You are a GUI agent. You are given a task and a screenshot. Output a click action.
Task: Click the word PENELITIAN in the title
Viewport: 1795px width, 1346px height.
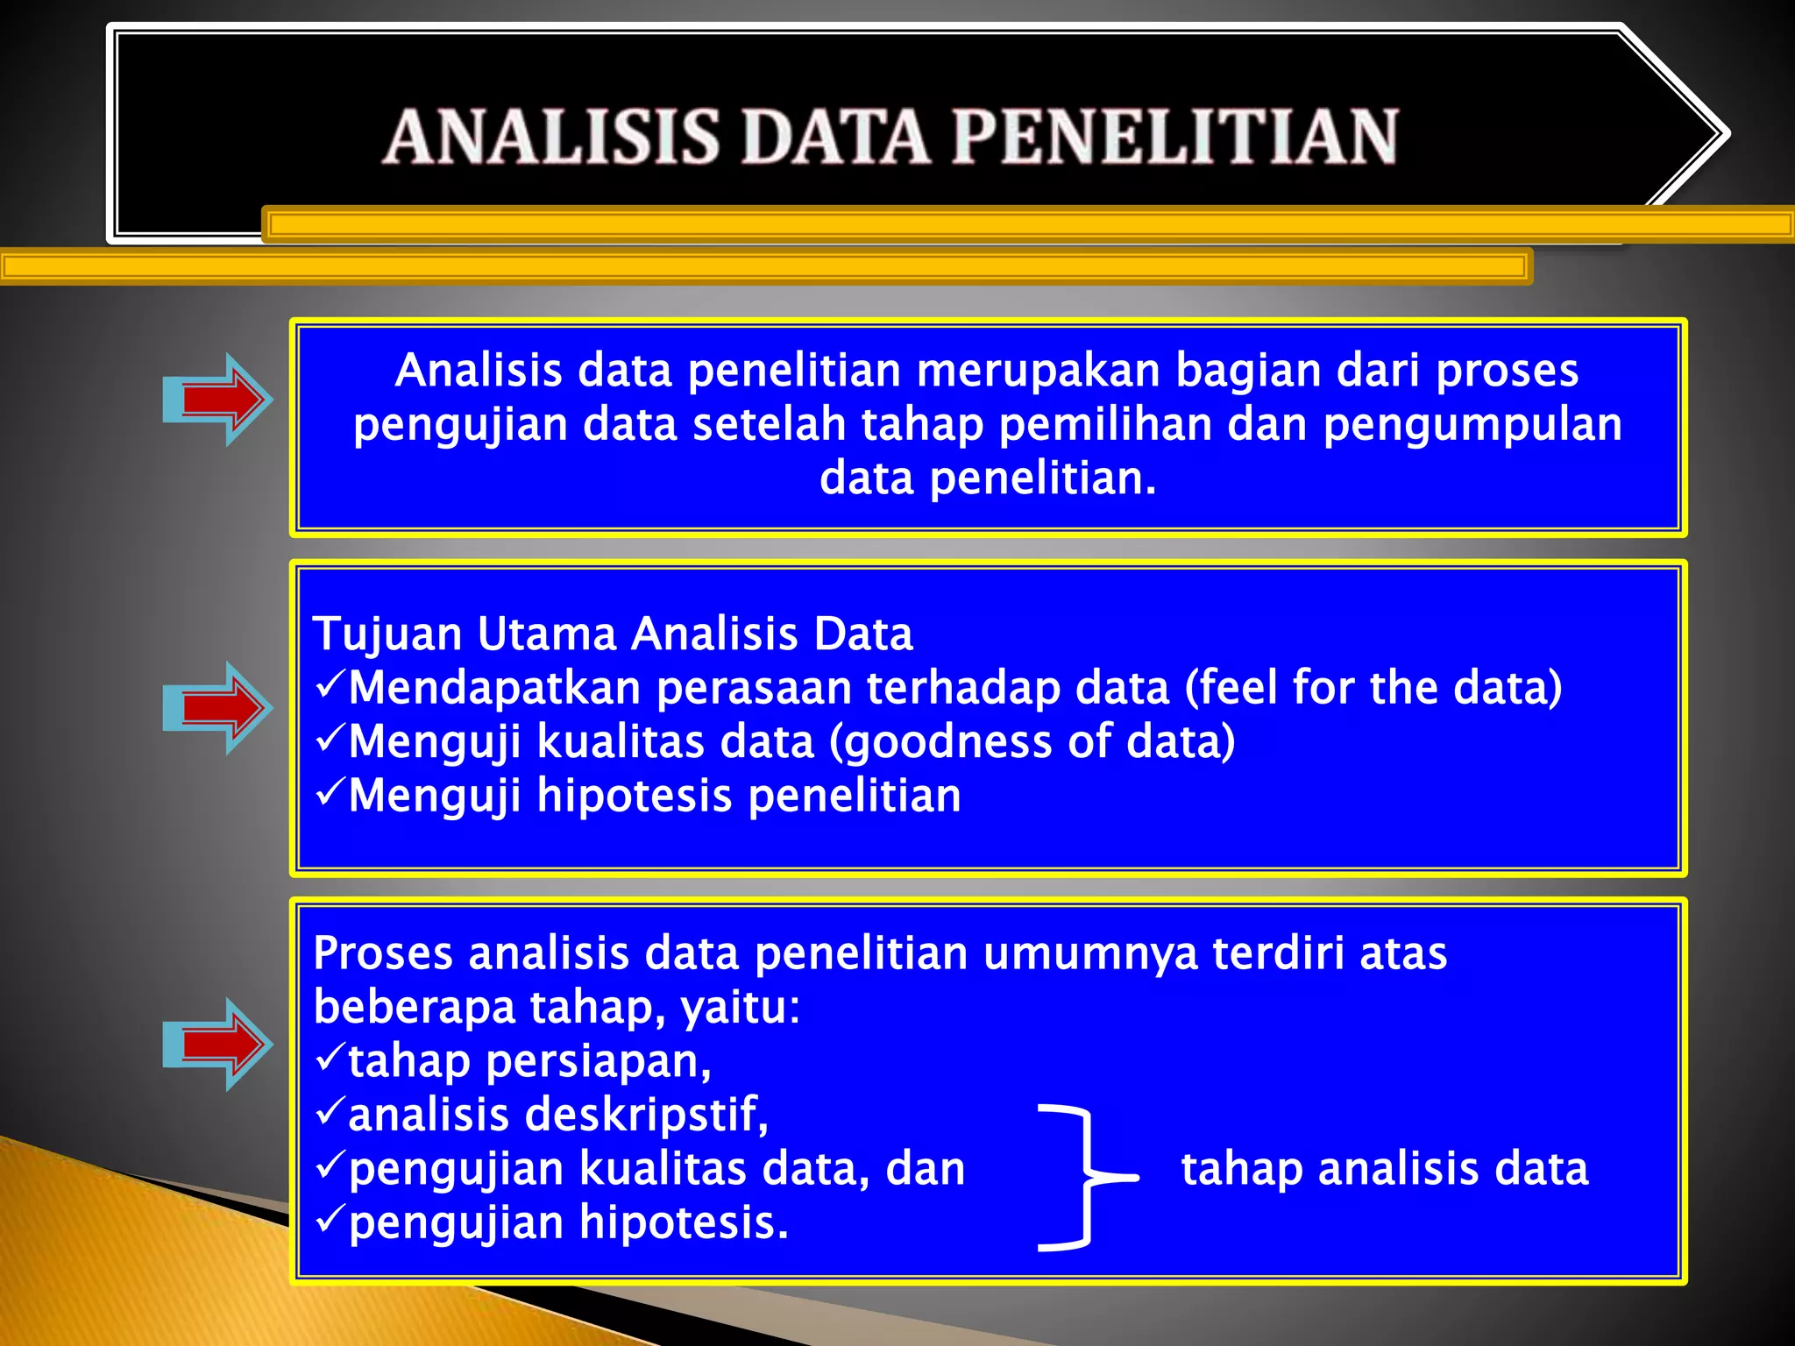click(x=1174, y=137)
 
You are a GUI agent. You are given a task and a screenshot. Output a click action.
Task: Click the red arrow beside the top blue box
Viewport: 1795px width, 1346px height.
click(x=221, y=400)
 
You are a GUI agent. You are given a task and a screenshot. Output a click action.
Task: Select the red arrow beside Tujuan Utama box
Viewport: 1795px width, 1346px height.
click(x=221, y=707)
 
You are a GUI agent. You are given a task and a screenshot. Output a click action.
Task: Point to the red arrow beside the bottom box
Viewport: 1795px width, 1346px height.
click(x=221, y=1044)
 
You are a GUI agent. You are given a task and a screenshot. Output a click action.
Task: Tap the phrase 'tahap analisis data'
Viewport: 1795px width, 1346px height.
click(x=1385, y=1169)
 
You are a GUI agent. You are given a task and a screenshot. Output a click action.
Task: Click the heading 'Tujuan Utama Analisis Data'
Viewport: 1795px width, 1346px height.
click(x=613, y=634)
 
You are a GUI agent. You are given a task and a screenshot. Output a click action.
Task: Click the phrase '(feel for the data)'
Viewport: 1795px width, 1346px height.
click(x=1373, y=688)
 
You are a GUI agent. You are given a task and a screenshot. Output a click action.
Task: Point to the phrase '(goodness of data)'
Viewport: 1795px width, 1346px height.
click(x=1032, y=742)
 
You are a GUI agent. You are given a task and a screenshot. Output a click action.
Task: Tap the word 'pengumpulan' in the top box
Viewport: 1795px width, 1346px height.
click(x=1472, y=425)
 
